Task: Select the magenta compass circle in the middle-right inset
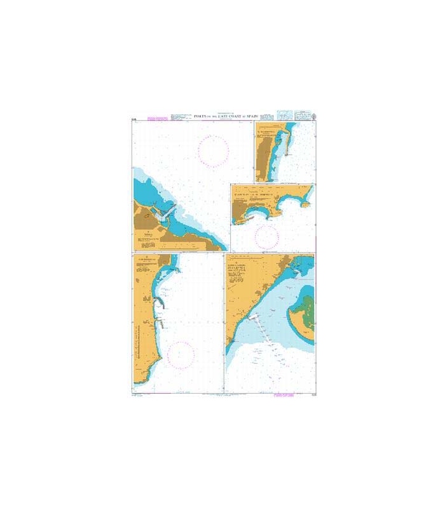click(266, 236)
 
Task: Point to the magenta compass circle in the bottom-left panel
click(181, 356)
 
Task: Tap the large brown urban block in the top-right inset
click(262, 159)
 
